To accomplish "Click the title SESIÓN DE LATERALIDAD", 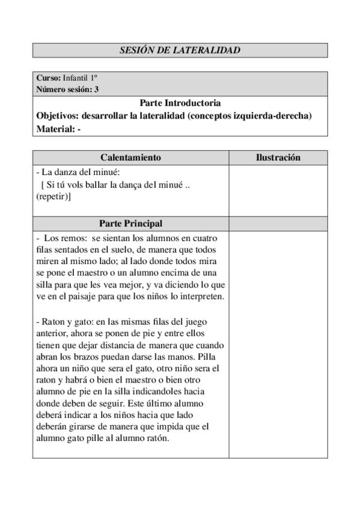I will (x=180, y=51).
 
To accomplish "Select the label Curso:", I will (x=48, y=79).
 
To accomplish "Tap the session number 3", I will (x=97, y=90).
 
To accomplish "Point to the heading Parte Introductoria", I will (x=180, y=103).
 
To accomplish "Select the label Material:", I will (x=56, y=129).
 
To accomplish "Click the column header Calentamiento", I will (x=130, y=158).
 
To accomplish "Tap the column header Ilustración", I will (x=278, y=158).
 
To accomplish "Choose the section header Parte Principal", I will (x=130, y=223).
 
